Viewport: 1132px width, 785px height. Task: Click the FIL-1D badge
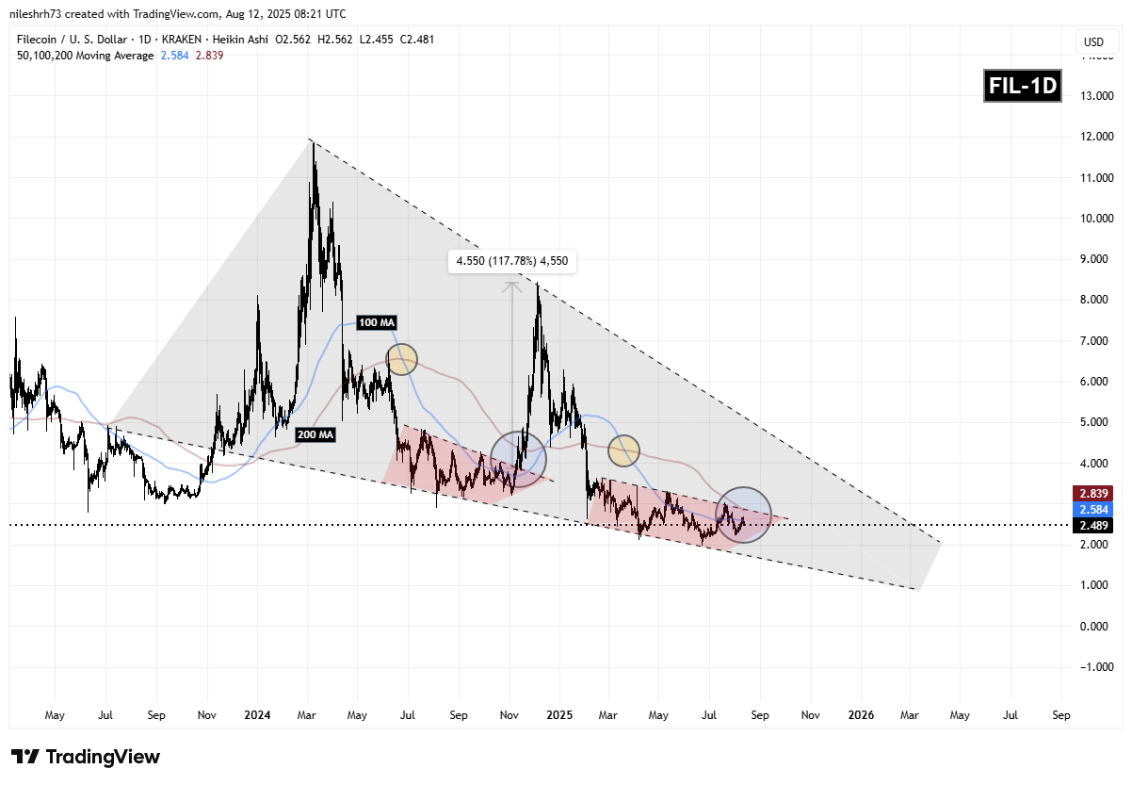click(x=1023, y=87)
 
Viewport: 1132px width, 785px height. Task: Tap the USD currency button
click(x=1093, y=41)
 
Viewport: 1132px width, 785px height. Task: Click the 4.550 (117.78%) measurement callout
click(x=511, y=263)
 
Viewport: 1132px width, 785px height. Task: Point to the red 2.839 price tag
click(x=1092, y=493)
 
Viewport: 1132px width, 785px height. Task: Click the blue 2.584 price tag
click(x=1092, y=509)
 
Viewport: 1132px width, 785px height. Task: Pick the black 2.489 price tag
click(x=1092, y=525)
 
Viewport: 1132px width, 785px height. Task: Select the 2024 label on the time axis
click(x=257, y=715)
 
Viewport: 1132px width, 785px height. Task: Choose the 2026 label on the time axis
click(x=861, y=715)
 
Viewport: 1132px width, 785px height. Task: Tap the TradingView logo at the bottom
click(x=86, y=757)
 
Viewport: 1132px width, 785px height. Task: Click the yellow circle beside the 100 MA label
click(x=401, y=359)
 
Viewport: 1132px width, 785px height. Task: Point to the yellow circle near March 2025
click(x=623, y=450)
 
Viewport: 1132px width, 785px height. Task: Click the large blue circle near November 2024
click(x=518, y=459)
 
